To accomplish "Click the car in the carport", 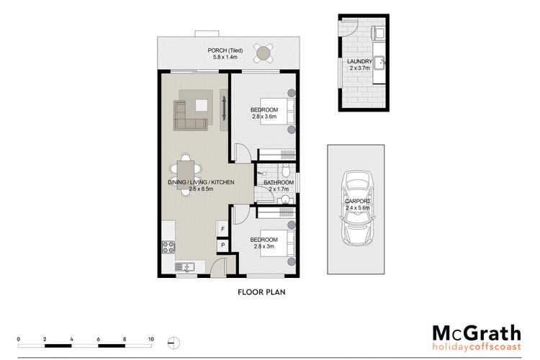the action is tap(357, 208).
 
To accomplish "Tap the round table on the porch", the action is tap(264, 53).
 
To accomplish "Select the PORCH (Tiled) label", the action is tap(225, 50).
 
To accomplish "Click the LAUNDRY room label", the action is tap(359, 61).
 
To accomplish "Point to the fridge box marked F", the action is tap(222, 229).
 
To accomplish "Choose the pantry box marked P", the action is tap(222, 246).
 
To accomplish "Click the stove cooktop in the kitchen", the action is tap(168, 247).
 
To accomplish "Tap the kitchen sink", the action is tap(184, 266).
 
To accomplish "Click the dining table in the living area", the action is tap(186, 175).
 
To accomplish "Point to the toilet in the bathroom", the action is tap(286, 168).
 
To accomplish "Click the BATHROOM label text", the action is tap(279, 182).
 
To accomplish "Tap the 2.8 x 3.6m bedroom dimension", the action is tap(264, 117).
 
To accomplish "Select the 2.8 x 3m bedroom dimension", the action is tap(264, 246).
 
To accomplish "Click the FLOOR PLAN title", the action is tap(262, 292).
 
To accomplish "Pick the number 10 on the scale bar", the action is tap(151, 339).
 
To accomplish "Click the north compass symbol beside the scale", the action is tap(174, 343).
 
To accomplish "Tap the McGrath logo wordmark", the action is tap(477, 334).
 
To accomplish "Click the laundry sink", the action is tap(380, 63).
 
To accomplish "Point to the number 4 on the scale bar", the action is tap(71, 339).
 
